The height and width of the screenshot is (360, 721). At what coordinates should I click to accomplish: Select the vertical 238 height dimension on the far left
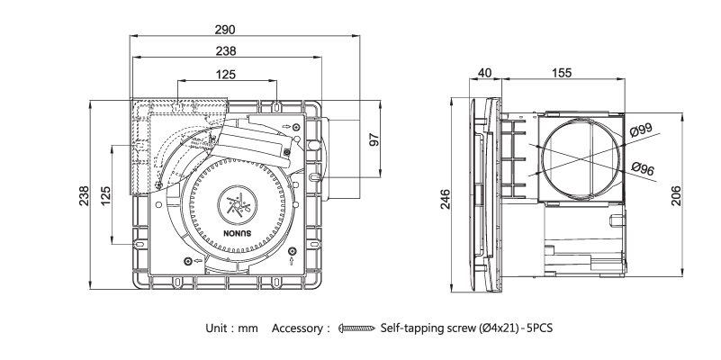(84, 194)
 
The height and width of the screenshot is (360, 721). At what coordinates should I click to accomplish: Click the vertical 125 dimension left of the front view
(107, 194)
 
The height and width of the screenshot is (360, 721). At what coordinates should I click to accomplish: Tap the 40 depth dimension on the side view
(484, 73)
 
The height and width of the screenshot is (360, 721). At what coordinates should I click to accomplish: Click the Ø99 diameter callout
(643, 132)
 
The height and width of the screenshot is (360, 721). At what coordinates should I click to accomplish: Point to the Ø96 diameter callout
(643, 167)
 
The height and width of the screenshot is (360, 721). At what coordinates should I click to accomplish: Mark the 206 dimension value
(675, 195)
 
